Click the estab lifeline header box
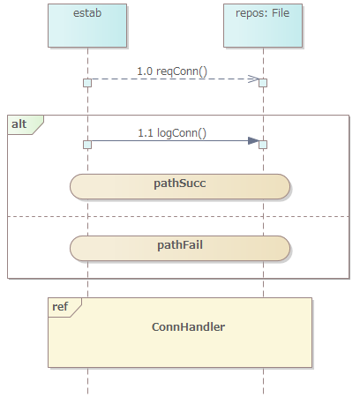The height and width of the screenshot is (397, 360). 87,26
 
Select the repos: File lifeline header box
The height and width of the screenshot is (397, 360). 263,26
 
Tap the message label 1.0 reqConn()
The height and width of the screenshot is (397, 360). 172,71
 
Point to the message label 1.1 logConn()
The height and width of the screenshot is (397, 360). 172,133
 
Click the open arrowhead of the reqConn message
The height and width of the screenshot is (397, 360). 253,79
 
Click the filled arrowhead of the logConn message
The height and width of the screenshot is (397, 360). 253,140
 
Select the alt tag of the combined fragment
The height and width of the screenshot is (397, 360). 26,124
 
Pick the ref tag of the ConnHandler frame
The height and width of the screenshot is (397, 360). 64,307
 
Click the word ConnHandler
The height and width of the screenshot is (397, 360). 188,327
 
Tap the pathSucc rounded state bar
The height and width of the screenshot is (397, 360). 180,186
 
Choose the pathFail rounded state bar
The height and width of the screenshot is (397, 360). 180,248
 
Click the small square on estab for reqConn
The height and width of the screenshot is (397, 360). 87,83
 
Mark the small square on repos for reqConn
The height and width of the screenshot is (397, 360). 263,83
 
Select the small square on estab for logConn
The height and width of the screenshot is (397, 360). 87,145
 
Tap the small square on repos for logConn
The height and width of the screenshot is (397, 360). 263,145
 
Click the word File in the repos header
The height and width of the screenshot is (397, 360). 281,13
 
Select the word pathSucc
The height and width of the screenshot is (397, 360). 180,184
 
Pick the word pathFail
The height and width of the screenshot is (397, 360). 180,245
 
